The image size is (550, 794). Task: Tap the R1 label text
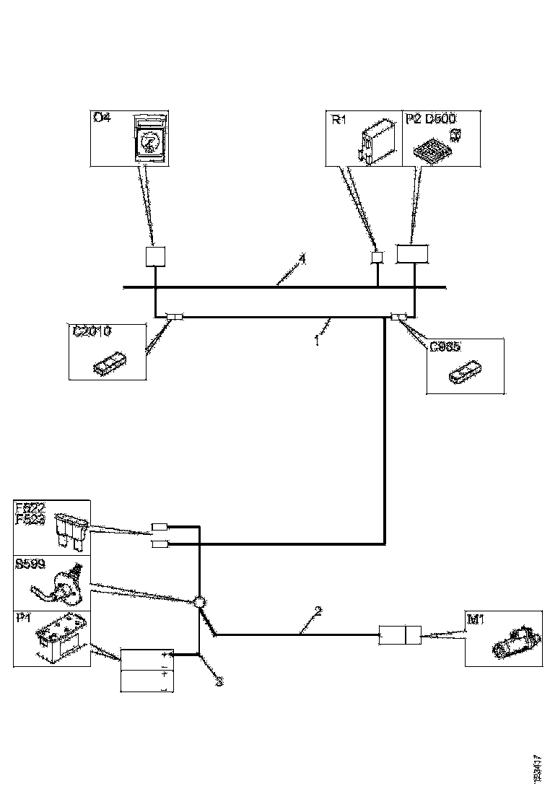tap(339, 119)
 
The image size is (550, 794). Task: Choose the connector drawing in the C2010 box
tap(109, 363)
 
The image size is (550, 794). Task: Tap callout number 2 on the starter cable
tap(318, 611)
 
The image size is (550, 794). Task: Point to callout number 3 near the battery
tap(218, 681)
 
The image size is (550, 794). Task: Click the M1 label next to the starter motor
tap(476, 620)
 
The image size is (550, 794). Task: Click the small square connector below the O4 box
tap(156, 257)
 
